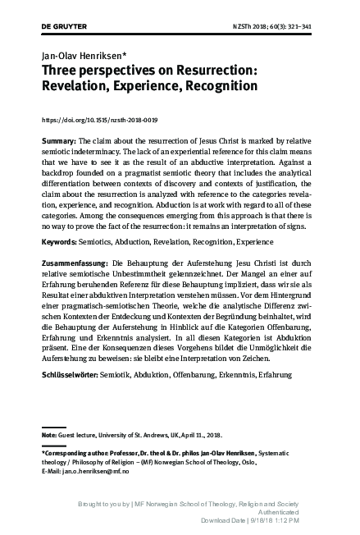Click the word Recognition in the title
click(216, 88)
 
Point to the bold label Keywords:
click(59, 245)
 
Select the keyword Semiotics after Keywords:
click(101, 245)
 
